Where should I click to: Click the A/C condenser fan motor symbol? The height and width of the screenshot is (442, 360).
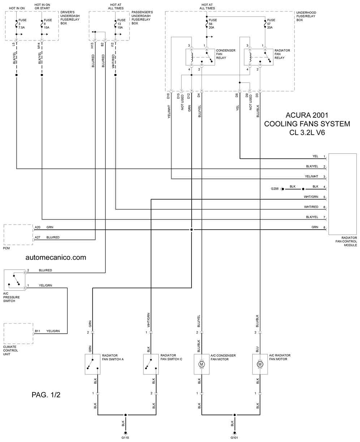coord(202,364)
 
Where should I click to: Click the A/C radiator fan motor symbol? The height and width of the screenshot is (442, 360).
coord(260,364)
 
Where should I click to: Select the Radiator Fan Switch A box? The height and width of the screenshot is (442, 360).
coord(93,364)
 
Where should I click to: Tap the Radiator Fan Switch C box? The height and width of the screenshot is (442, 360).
coord(151,364)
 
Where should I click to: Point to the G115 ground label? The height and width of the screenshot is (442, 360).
coord(125,438)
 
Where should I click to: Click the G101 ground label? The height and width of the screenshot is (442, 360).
coord(235,438)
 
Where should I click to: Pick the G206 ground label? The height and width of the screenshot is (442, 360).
coord(275,188)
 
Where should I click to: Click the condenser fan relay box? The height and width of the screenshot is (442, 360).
coord(200,57)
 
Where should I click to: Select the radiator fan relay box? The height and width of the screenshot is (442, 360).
coord(258,57)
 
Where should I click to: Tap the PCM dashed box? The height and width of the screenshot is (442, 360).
coord(18,234)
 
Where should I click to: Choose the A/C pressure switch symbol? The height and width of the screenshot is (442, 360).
coord(15,279)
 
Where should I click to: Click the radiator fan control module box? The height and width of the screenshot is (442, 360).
coord(342,194)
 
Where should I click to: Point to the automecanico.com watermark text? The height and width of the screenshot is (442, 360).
coord(56,257)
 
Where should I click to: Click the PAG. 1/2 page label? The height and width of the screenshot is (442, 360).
coord(46,395)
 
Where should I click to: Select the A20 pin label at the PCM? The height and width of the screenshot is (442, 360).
coord(38,227)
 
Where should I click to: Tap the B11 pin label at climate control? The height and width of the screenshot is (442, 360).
coord(38,331)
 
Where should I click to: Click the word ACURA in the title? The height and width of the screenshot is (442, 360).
coord(298,116)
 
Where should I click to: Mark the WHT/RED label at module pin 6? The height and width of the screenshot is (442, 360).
coord(311,207)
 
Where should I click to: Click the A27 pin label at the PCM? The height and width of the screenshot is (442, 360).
coord(38,237)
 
